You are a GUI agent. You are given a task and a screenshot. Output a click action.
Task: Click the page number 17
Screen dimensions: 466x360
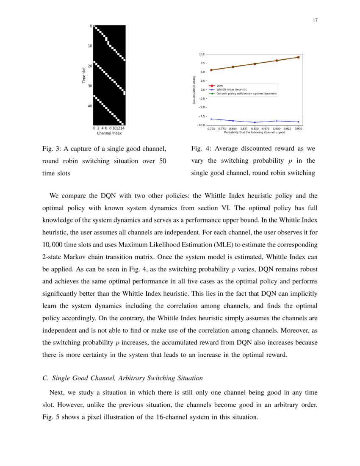pos(315,20)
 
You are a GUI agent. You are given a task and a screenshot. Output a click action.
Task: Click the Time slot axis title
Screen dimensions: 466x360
pos(84,75)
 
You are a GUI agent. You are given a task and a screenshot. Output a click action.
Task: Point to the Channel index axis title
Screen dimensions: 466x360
pos(109,133)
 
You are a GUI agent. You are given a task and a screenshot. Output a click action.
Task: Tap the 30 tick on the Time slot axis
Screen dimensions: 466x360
pos(90,86)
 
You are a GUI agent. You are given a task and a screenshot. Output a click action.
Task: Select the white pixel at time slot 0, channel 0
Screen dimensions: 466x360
pos(94,26)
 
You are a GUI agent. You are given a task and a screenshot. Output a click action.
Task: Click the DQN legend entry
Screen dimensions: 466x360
pos(219,86)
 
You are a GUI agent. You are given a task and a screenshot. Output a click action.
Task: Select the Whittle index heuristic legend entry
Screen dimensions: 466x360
pos(232,89)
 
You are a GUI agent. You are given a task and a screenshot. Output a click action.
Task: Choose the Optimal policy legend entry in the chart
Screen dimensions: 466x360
pos(246,94)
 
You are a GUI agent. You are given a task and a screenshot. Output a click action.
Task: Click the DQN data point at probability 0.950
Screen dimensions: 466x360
pos(298,57)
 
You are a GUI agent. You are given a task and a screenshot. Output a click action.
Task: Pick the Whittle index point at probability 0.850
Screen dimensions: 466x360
pos(255,122)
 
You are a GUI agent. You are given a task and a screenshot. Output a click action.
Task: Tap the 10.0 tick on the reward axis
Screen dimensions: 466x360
pos(202,55)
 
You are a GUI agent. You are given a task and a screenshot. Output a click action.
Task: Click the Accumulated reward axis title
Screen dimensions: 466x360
pos(194,90)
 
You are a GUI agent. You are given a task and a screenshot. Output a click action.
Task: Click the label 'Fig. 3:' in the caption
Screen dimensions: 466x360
pos(51,149)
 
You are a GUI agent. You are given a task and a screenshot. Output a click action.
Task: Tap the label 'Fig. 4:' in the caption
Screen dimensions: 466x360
pos(200,149)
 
